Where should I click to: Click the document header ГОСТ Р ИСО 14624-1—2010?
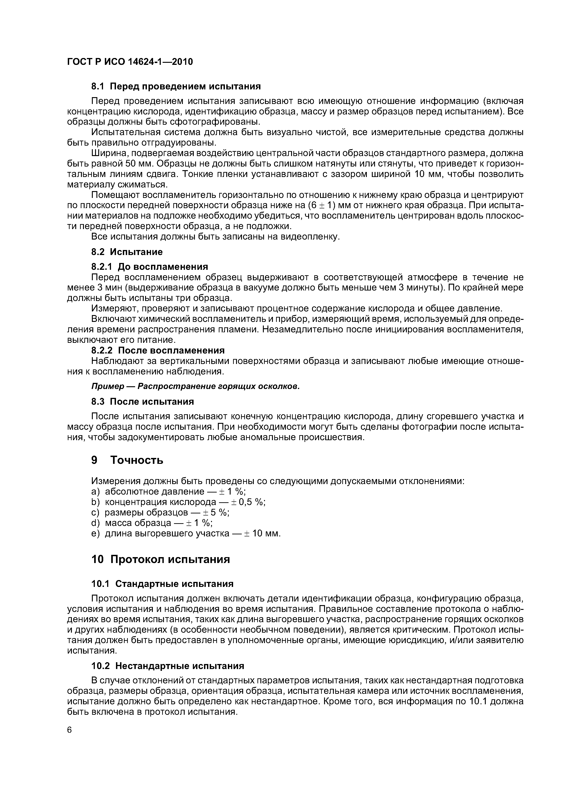pyautogui.click(x=130, y=62)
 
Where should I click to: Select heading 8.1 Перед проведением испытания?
pyautogui.click(x=176, y=86)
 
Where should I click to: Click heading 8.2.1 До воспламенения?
pyautogui.click(x=149, y=267)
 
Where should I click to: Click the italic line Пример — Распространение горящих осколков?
pyautogui.click(x=195, y=387)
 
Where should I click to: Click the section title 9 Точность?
pyautogui.click(x=127, y=460)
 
